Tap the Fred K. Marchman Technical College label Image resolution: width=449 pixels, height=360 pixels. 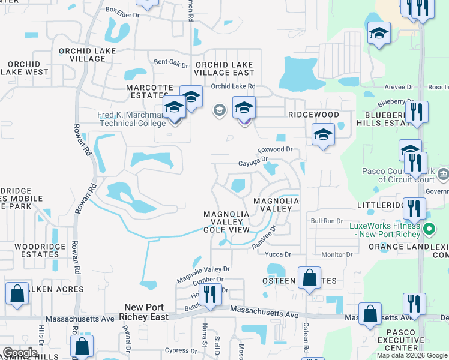point(131,119)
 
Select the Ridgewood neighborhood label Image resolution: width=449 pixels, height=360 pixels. point(313,115)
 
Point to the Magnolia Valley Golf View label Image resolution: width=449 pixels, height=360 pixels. point(226,222)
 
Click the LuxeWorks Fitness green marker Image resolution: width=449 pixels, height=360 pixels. point(430,229)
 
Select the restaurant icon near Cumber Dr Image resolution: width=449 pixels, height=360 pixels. point(209,294)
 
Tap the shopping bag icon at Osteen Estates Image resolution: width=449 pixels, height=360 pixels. point(309,278)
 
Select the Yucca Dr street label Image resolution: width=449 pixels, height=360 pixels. point(279,254)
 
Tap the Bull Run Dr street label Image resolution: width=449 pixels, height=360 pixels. point(326,221)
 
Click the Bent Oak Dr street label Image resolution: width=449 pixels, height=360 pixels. point(171,62)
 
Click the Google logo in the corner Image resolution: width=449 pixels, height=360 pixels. point(19,353)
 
